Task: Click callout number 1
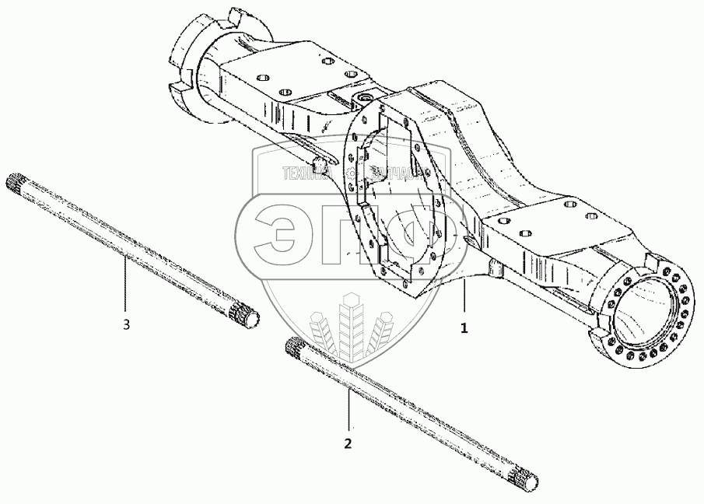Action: [x=464, y=327]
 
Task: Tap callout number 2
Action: [x=348, y=443]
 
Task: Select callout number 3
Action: [x=126, y=324]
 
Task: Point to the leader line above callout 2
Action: [x=348, y=408]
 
